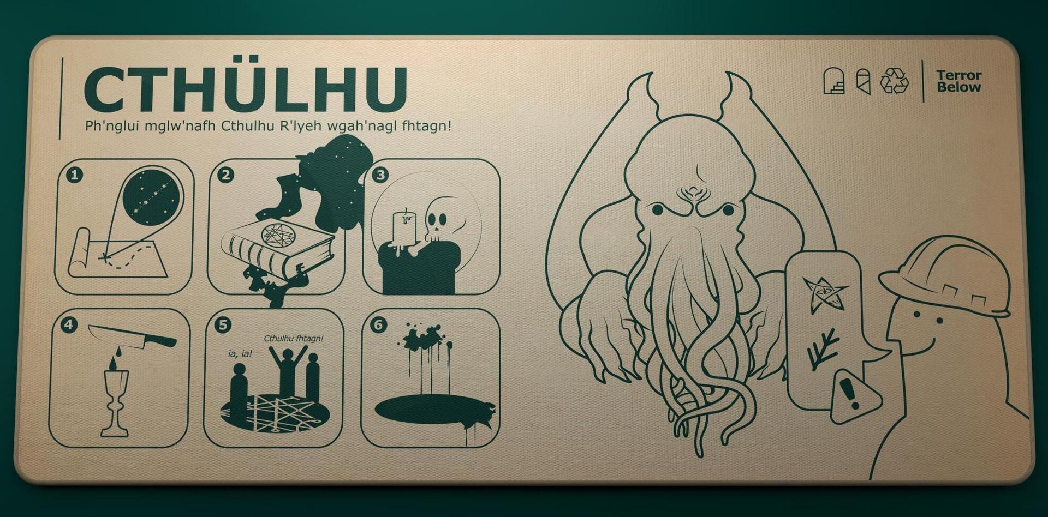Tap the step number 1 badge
coord(75,175)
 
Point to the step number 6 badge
coord(378,325)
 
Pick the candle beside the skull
coord(404,225)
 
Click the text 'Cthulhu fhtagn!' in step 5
coord(294,339)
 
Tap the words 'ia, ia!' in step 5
coord(240,354)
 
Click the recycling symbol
coord(895,81)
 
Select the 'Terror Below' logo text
coord(958,81)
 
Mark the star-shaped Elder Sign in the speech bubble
coord(825,294)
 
